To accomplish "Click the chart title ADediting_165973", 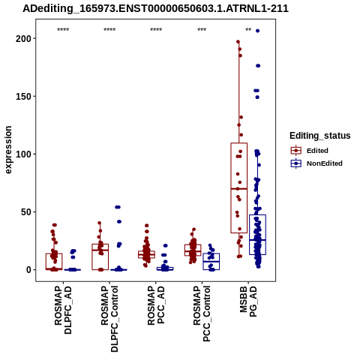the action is click(x=155, y=8).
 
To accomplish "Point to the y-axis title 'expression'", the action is click(x=8, y=150).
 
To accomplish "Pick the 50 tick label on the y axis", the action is click(x=25, y=212).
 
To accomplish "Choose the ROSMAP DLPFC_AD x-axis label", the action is click(x=63, y=310).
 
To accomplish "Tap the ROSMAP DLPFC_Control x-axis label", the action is click(x=109, y=319).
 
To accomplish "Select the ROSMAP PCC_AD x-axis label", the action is click(x=156, y=305).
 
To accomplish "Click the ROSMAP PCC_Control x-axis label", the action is click(x=202, y=314).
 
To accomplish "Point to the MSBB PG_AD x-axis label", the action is click(x=248, y=301).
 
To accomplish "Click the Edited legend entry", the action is click(x=317, y=151).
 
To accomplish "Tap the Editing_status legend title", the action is click(x=320, y=136).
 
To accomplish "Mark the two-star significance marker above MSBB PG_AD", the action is click(x=248, y=30).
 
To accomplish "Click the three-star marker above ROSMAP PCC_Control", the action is click(x=202, y=30).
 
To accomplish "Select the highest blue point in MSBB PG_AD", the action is click(x=257, y=31).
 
